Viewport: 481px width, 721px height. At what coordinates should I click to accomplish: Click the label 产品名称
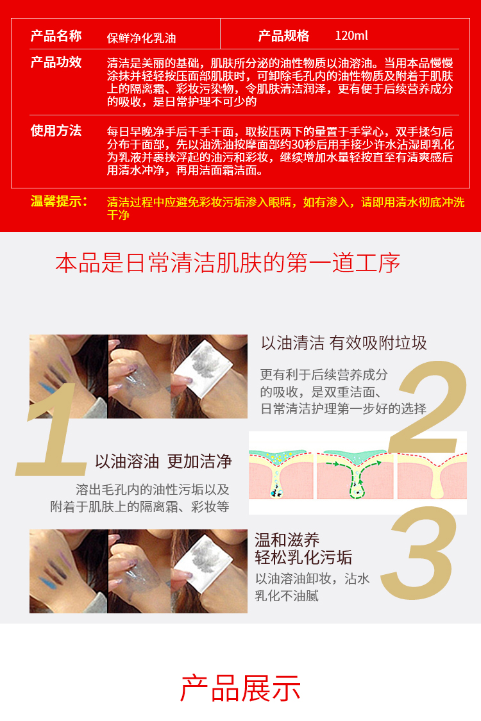coord(56,36)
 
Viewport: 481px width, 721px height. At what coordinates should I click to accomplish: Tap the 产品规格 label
coord(283,36)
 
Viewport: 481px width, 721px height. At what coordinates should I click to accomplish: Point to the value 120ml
coord(351,35)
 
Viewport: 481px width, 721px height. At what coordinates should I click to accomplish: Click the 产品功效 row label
coord(56,62)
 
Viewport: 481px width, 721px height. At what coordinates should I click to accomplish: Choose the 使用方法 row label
coord(56,131)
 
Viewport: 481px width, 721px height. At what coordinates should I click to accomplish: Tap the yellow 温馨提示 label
coord(58,201)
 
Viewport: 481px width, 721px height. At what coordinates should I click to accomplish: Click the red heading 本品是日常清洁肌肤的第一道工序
coord(228,263)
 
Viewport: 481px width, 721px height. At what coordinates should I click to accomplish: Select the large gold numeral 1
coord(51,430)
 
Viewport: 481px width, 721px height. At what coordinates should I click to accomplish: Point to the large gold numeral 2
coord(428,407)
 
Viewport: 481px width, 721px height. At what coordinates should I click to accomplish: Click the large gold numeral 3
coord(419,553)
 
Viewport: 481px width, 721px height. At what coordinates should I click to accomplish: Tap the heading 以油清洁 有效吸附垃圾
coord(344,343)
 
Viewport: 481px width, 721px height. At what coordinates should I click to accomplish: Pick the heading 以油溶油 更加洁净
coord(164,461)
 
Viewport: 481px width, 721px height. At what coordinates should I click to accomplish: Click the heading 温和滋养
coord(287,540)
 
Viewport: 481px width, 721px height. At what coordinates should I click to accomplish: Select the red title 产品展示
coord(240,688)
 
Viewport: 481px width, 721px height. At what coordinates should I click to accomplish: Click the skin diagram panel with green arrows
coord(355,474)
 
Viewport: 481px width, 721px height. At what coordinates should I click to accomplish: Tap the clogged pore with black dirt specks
coord(276,491)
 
